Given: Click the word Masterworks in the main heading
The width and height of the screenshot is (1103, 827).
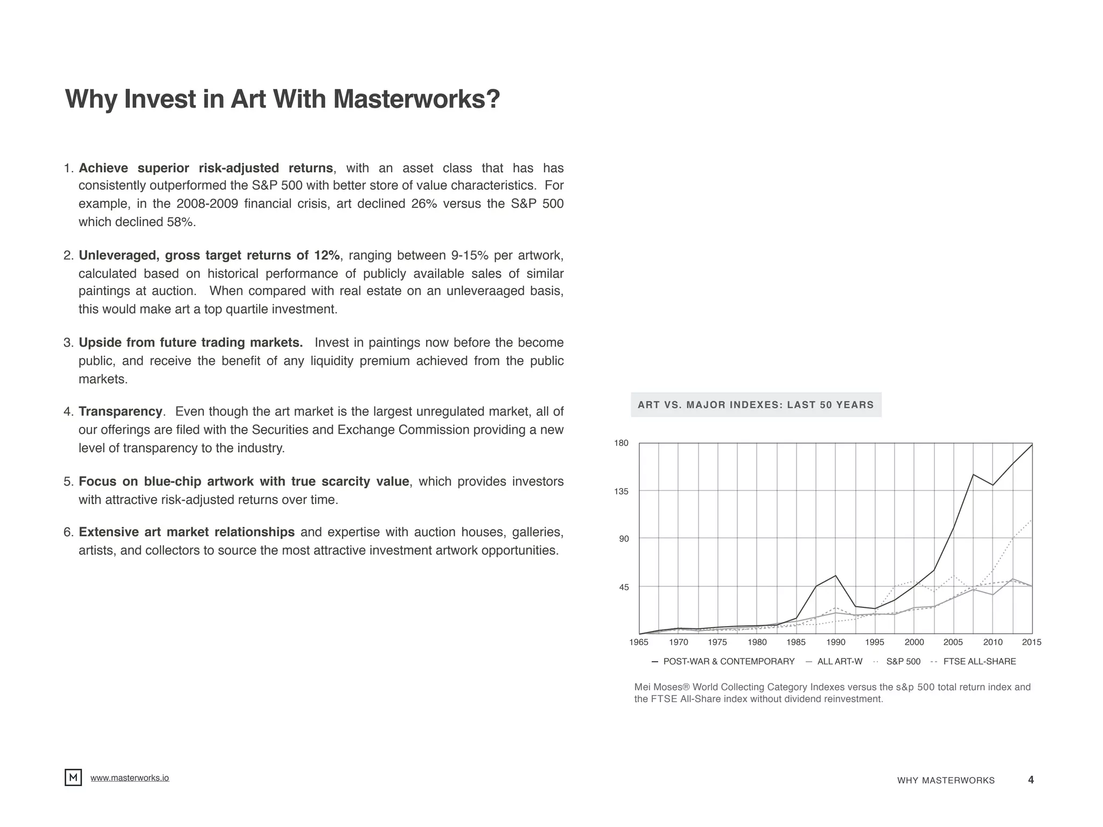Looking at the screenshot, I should click(416, 100).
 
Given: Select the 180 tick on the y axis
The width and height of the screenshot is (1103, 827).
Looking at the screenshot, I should click(621, 443).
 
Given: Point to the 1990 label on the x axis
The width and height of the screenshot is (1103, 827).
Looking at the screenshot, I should click(835, 642).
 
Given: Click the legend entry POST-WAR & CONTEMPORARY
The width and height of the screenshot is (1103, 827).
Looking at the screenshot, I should click(728, 662).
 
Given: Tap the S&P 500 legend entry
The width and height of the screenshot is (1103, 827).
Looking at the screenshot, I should click(903, 662).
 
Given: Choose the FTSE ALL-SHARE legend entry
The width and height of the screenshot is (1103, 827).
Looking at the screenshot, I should click(979, 662).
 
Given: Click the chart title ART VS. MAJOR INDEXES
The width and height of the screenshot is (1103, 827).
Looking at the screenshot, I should click(755, 405).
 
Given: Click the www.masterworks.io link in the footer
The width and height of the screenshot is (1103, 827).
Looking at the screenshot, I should click(129, 778).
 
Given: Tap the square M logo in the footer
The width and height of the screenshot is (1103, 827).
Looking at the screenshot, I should click(73, 777).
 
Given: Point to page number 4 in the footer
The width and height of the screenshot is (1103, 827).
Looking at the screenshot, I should click(1030, 780).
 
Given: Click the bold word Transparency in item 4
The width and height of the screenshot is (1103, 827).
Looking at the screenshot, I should click(120, 412).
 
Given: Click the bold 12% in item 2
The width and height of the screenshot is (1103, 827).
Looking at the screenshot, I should click(327, 255).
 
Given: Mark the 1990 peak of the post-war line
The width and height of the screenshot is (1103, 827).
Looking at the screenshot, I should click(835, 576).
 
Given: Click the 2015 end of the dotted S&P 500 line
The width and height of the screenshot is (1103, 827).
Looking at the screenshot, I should click(1031, 520).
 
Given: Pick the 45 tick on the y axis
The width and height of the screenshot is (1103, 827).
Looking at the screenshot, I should click(624, 587).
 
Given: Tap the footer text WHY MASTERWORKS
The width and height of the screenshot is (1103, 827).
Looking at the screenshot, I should click(946, 781).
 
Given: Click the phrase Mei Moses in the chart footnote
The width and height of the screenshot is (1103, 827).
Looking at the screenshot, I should click(658, 687).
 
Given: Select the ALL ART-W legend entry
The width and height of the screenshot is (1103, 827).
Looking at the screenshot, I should click(839, 662).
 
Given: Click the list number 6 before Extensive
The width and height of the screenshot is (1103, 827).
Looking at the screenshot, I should click(68, 532).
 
